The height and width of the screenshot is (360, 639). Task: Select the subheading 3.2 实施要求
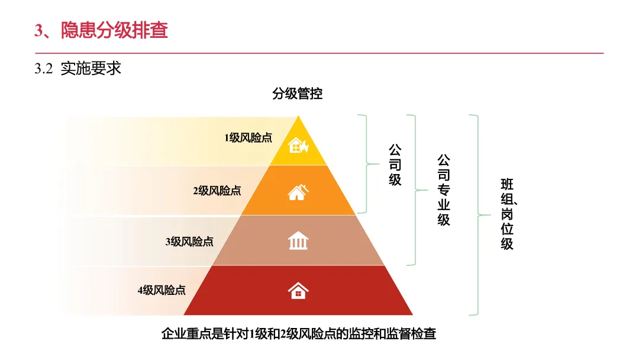point(78,69)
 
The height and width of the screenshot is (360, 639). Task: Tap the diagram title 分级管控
point(298,94)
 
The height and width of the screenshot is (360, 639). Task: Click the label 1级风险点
point(248,138)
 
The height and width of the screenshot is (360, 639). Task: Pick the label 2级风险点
point(217,191)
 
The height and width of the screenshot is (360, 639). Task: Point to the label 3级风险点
point(189,242)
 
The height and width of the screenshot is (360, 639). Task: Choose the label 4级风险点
point(162,290)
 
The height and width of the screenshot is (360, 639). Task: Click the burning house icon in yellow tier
point(298,144)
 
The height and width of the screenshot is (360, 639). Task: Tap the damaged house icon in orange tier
point(298,192)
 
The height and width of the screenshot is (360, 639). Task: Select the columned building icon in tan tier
point(298,241)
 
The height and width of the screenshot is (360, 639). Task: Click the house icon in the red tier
point(298,290)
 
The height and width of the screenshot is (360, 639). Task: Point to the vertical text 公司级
point(395,164)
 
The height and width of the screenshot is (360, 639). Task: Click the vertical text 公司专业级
point(444,190)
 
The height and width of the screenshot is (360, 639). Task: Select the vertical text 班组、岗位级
point(508,213)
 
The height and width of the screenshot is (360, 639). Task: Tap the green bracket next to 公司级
point(366,163)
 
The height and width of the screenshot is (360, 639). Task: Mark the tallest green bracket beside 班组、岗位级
point(477,214)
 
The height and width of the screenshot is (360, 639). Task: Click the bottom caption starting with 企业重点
point(298,334)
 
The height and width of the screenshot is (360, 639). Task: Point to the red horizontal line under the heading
point(319,53)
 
